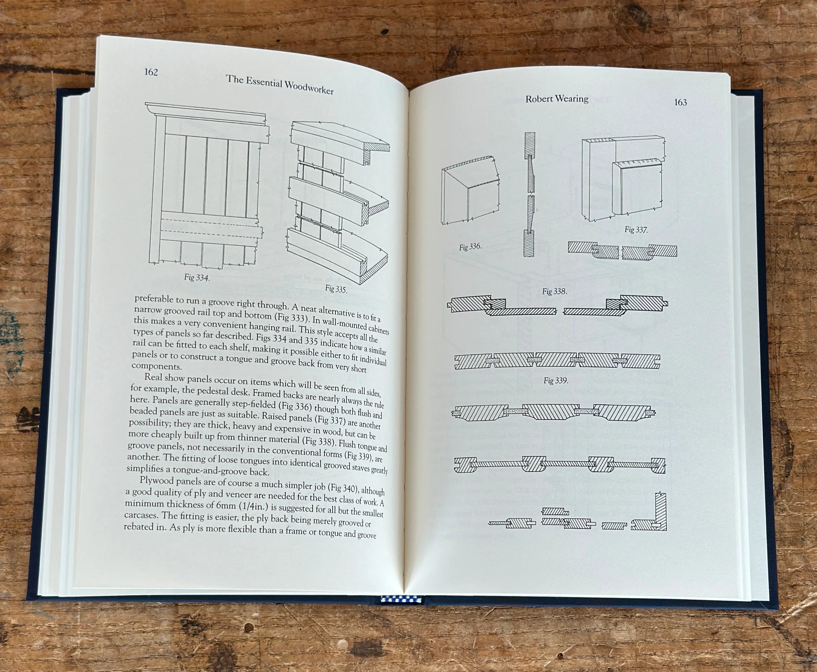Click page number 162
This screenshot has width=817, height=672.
click(x=151, y=72)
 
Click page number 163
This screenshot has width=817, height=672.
click(x=680, y=103)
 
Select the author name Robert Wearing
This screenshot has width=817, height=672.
click(x=557, y=99)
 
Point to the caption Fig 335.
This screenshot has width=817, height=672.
click(x=336, y=289)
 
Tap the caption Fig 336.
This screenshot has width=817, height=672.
click(x=470, y=247)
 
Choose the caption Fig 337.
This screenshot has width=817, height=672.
click(x=636, y=230)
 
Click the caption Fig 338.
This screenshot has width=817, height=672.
click(x=554, y=291)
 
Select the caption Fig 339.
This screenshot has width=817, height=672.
click(x=555, y=381)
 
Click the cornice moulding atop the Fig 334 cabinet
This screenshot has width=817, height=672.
click(x=205, y=113)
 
